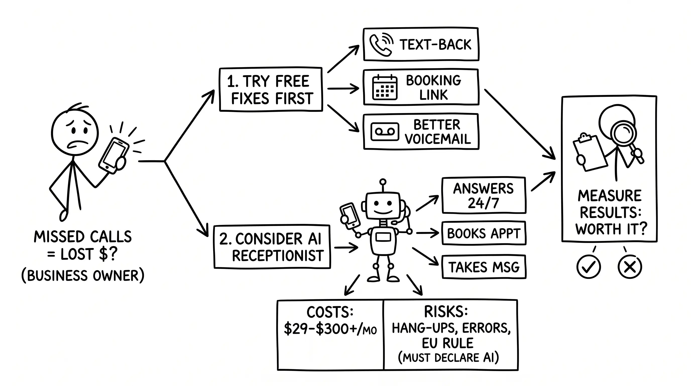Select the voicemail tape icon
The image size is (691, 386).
[385, 132]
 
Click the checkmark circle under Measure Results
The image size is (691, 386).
[588, 267]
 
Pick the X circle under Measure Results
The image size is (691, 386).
[629, 267]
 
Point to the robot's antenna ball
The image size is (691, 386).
[383, 182]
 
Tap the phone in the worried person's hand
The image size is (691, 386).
[114, 155]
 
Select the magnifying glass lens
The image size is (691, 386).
[623, 133]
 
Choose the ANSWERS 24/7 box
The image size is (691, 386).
[484, 195]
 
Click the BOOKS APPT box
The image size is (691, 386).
[484, 233]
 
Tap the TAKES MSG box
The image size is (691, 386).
[484, 267]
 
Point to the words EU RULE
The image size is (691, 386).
[447, 343]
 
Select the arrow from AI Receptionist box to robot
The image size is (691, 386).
[346, 247]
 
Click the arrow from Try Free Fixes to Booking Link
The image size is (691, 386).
[343, 88]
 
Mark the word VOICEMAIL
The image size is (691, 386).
[438, 139]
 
